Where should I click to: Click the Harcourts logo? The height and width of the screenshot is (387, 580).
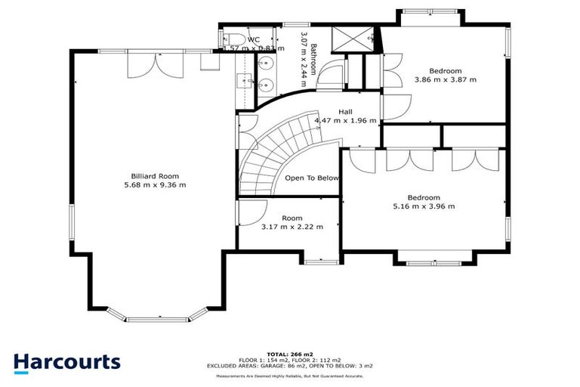[66, 361]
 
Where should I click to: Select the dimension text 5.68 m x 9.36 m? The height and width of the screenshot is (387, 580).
[155, 184]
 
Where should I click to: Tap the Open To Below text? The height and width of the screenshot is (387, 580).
[312, 178]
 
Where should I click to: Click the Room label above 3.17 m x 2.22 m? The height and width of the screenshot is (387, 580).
[292, 218]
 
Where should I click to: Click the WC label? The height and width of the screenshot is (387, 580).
[254, 39]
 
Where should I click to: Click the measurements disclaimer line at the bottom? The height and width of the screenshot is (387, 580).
[289, 376]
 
